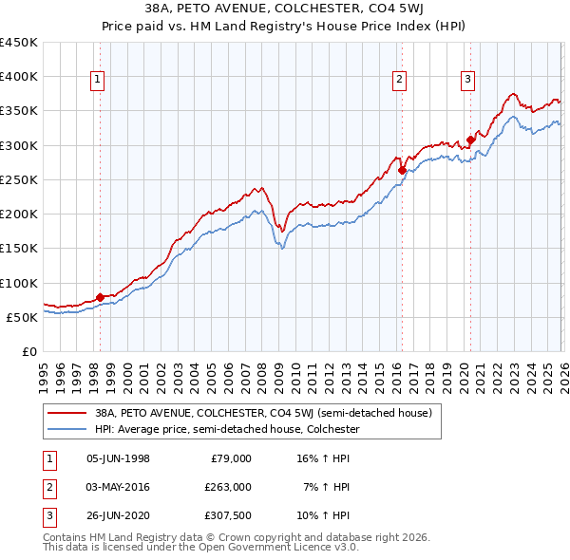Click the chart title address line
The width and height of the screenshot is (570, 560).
click(285, 9)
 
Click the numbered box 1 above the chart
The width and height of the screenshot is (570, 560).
click(100, 80)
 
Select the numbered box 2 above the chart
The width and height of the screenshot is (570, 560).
click(400, 80)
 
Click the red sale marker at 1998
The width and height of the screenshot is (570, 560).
click(100, 297)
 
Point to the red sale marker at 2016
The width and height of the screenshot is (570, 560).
click(402, 171)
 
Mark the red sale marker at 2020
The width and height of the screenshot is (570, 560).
click(470, 140)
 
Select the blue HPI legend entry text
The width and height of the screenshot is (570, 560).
click(226, 430)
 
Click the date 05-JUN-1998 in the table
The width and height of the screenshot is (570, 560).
click(118, 458)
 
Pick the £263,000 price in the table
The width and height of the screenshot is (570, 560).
click(228, 487)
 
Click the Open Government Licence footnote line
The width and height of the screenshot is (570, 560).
click(200, 548)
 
